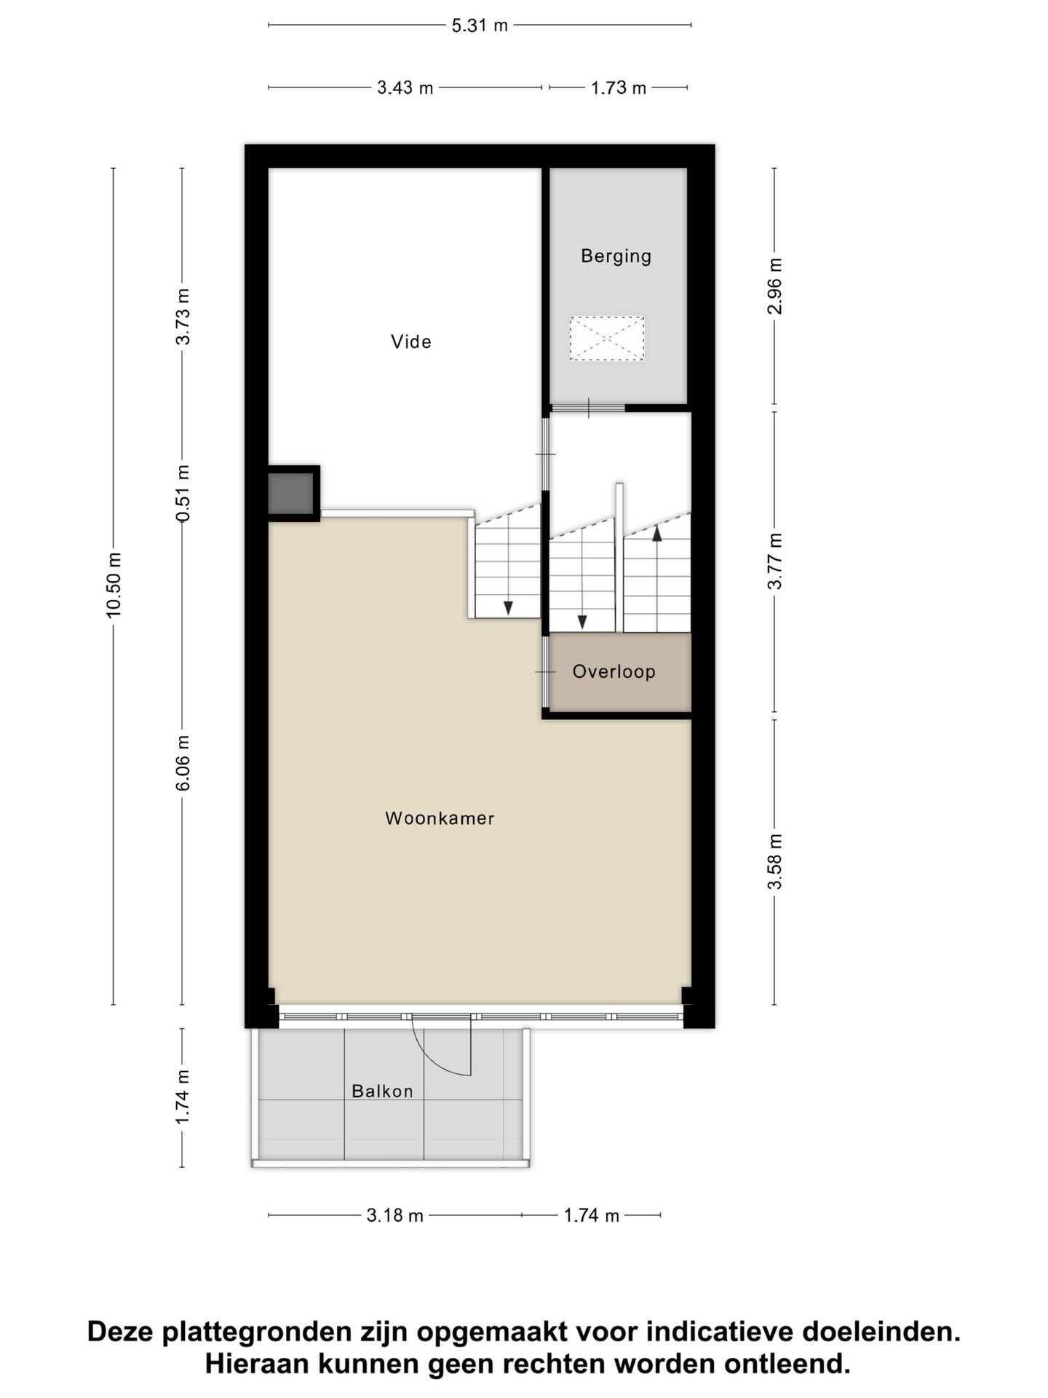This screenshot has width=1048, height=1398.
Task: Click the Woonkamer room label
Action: (440, 818)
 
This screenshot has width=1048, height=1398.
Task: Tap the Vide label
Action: (411, 341)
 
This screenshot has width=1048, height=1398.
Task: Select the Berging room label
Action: (616, 256)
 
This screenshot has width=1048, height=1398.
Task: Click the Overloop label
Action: (614, 671)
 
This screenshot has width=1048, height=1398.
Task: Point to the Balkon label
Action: (382, 1091)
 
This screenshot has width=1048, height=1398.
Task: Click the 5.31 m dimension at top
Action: (480, 25)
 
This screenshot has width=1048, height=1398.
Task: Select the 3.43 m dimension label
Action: (405, 88)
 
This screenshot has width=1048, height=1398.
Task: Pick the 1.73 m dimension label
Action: (618, 88)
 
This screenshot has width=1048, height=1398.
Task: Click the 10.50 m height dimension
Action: (114, 585)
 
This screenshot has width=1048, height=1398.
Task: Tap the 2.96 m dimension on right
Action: (775, 286)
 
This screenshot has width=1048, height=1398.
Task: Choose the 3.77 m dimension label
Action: (775, 561)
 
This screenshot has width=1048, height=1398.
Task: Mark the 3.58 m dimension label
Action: (775, 862)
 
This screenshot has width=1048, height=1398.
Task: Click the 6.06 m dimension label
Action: (183, 762)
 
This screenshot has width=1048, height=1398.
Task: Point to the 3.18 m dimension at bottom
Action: (394, 1215)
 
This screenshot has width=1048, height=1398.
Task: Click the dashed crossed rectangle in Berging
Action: (607, 338)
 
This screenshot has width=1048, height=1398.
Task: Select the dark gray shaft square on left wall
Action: (291, 493)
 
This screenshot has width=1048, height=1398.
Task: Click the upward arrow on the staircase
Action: (657, 534)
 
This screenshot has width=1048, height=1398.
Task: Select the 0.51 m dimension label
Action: (183, 493)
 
